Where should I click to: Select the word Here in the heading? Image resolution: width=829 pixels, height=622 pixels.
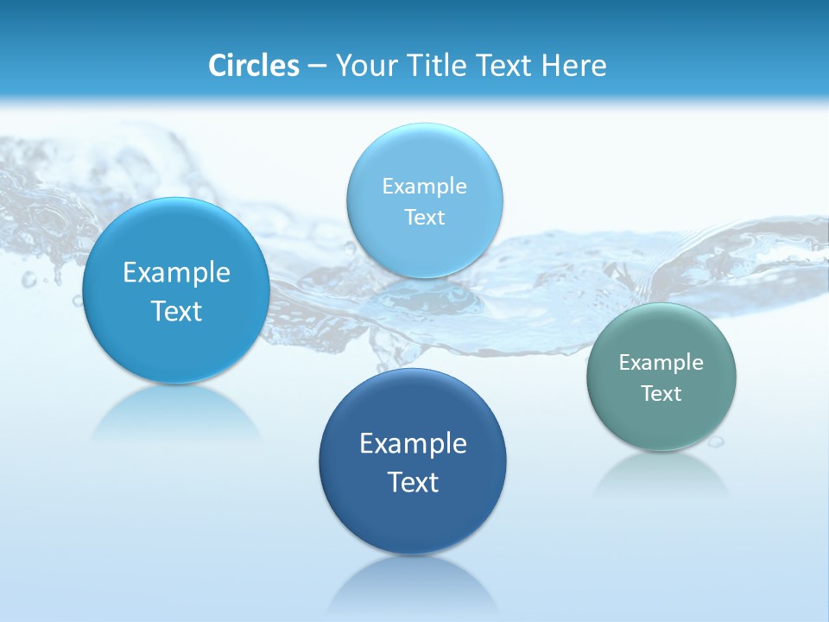tap(573, 66)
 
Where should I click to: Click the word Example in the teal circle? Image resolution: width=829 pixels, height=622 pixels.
tap(661, 363)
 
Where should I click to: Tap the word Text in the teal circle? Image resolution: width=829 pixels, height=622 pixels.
tap(661, 394)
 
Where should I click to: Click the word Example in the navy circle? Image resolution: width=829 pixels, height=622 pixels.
tap(413, 444)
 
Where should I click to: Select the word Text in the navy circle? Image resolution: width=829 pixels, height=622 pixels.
tap(413, 482)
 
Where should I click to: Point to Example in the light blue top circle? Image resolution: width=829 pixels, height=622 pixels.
tap(424, 187)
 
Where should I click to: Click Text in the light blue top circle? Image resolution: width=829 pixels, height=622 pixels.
tap(424, 218)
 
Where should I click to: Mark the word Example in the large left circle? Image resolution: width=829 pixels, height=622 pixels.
tap(176, 273)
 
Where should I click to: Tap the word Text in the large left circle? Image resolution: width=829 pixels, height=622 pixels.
tap(176, 311)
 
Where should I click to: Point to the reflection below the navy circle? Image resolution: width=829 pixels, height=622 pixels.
tap(413, 583)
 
